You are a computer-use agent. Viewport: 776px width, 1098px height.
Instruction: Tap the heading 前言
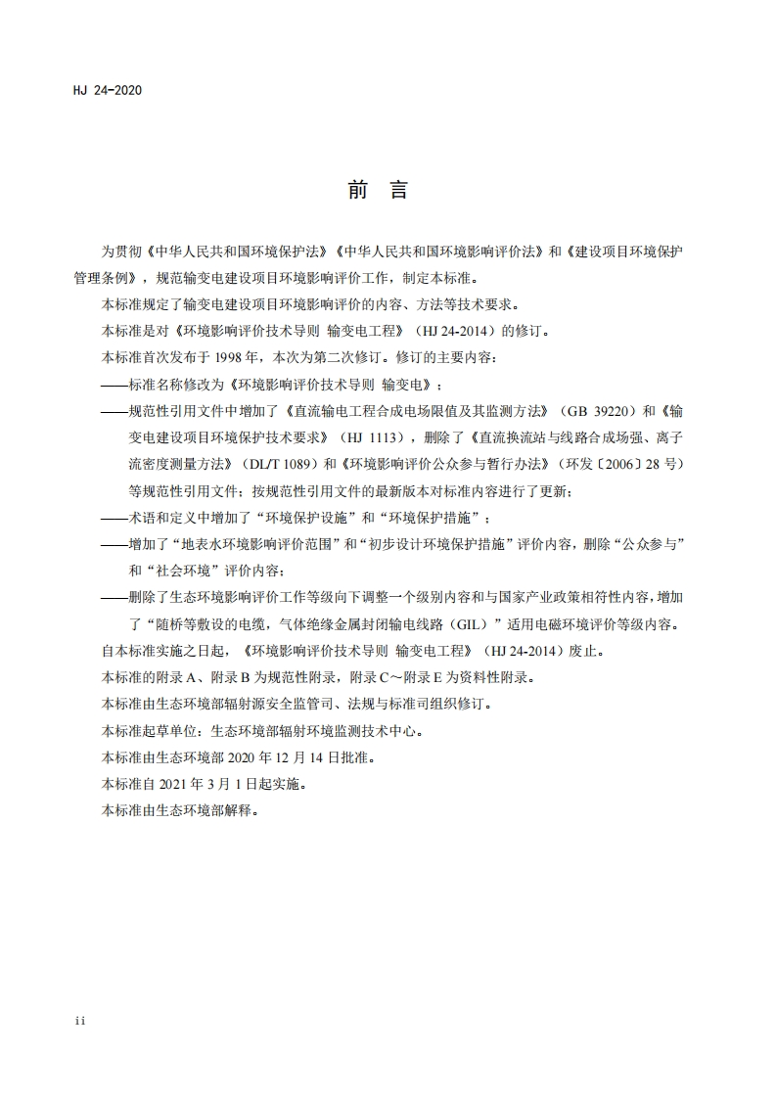377,190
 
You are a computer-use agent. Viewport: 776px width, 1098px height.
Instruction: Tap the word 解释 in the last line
247,809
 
